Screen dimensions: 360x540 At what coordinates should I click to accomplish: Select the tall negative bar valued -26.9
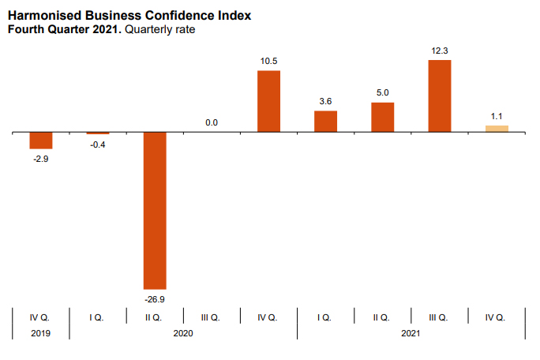[x=155, y=210]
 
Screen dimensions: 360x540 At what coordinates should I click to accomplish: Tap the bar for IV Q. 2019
[x=41, y=141]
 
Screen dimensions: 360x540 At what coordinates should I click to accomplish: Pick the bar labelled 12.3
[x=439, y=96]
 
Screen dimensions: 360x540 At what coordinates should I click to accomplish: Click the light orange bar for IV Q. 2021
[x=497, y=129]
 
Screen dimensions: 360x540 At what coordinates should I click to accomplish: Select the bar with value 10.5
[x=268, y=101]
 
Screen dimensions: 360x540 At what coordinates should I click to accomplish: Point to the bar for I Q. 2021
[x=325, y=122]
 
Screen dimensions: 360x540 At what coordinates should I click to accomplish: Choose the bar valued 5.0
[x=382, y=118]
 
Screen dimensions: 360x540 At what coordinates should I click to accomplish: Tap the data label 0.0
[x=212, y=123]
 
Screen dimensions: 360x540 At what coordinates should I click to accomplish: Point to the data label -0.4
[x=98, y=144]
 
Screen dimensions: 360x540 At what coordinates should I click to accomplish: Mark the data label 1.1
[x=497, y=117]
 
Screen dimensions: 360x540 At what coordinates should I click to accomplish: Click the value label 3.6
[x=325, y=101]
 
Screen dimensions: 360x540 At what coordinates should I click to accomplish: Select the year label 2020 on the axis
[x=182, y=334]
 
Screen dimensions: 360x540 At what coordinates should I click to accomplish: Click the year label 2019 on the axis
[x=40, y=334]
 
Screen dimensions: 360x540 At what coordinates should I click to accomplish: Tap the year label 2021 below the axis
[x=411, y=334]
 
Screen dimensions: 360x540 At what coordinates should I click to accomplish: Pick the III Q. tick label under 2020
[x=211, y=317]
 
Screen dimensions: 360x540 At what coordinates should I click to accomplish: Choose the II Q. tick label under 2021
[x=381, y=317]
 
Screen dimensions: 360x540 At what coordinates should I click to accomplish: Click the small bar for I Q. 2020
[x=98, y=133]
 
